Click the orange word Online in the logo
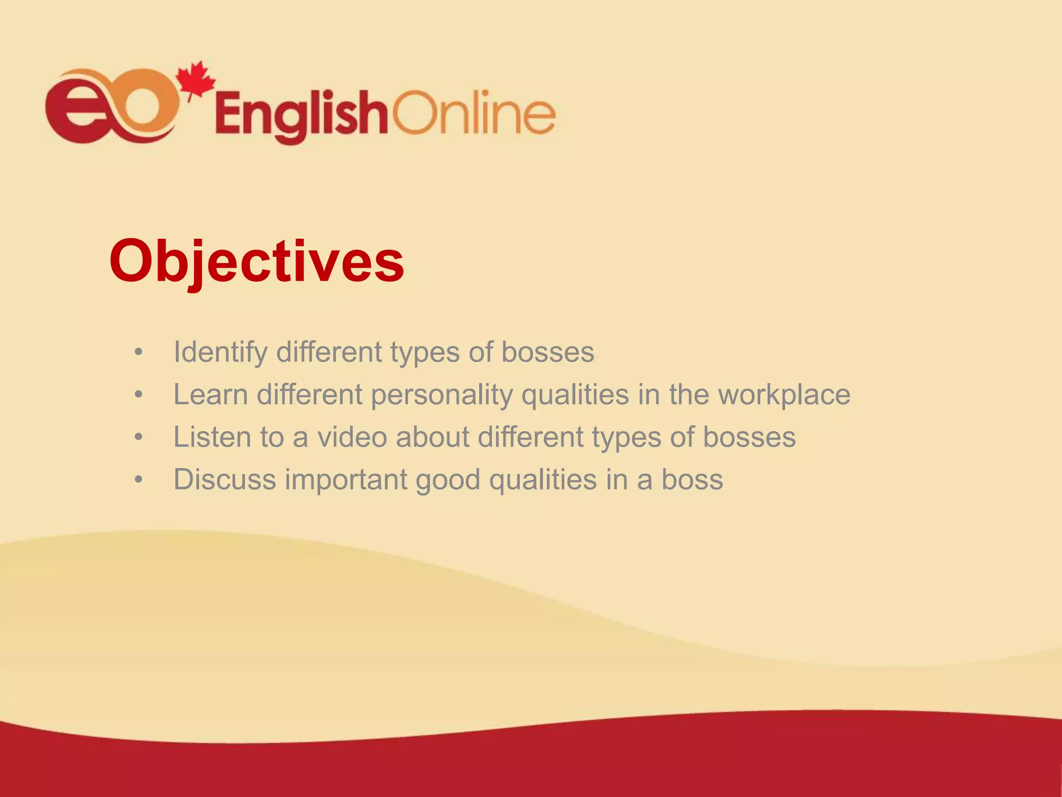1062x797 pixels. (x=473, y=113)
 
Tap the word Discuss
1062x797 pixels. (x=225, y=479)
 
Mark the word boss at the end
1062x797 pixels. (x=692, y=479)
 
